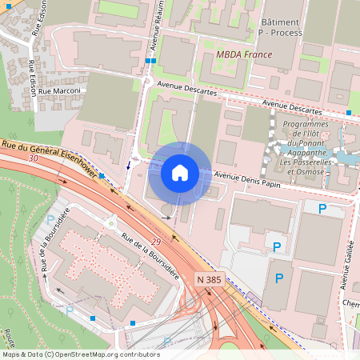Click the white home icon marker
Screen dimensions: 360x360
180,172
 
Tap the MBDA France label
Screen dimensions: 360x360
244,54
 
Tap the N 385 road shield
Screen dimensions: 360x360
210,279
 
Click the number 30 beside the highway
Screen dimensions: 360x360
32,159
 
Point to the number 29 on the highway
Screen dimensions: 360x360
155,241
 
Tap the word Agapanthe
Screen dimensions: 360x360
310,153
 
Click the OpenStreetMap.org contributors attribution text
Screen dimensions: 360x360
105,354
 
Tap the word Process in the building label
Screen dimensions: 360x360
286,34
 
